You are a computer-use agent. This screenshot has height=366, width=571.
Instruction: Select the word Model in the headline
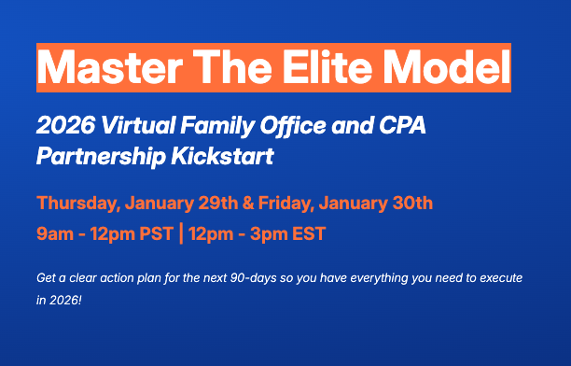[455, 67]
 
